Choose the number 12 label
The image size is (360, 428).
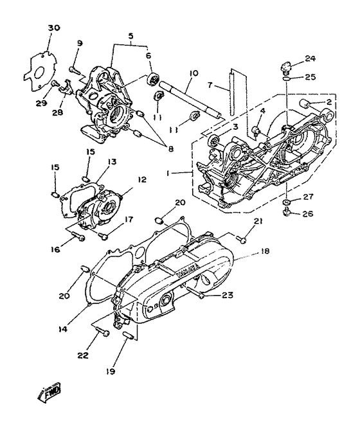coord(141,181)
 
